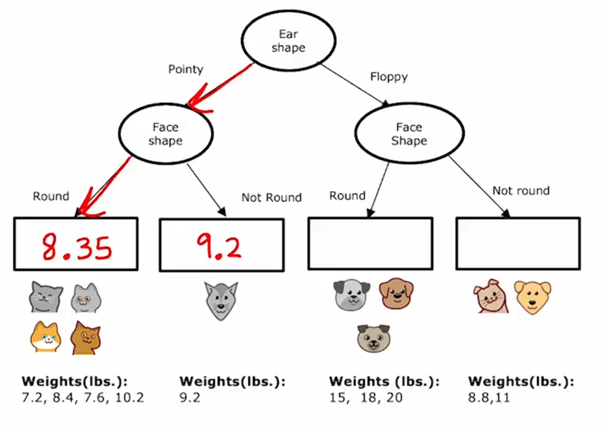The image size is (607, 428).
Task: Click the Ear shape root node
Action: pyautogui.click(x=288, y=41)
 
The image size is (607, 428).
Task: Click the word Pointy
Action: pyautogui.click(x=185, y=69)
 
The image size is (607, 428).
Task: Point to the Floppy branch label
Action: pyautogui.click(x=389, y=77)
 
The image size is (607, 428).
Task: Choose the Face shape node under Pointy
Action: pyautogui.click(x=165, y=134)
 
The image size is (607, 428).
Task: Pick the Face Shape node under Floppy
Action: pyautogui.click(x=408, y=134)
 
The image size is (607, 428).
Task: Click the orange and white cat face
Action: pyautogui.click(x=46, y=337)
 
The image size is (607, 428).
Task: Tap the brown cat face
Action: pyautogui.click(x=86, y=337)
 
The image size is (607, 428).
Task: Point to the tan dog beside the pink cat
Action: pyautogui.click(x=532, y=297)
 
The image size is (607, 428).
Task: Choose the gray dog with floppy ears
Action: pyautogui.click(x=352, y=295)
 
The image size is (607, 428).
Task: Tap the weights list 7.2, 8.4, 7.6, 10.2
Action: pyautogui.click(x=83, y=398)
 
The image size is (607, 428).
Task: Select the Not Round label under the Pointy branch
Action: pyautogui.click(x=271, y=197)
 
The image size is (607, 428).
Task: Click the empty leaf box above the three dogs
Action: pyautogui.click(x=370, y=244)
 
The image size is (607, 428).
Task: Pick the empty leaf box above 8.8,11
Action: pyautogui.click(x=518, y=244)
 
